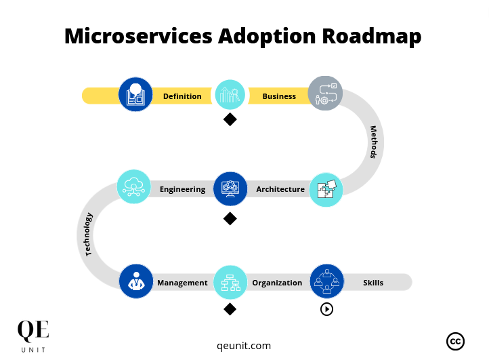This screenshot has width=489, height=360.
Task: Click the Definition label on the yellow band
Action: tap(182, 96)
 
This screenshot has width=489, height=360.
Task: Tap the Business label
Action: tap(279, 96)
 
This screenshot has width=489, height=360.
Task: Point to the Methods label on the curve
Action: tap(373, 142)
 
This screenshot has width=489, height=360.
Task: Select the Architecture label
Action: tap(280, 189)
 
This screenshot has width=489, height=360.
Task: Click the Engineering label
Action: tap(182, 189)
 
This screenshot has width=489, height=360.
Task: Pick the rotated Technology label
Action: tap(89, 235)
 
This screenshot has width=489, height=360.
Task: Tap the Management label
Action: tap(182, 283)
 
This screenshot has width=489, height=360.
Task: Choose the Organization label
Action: tap(277, 283)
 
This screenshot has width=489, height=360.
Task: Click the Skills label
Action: tap(373, 283)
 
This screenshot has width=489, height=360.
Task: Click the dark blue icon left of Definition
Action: tap(135, 95)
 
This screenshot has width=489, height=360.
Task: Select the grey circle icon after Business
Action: tap(325, 94)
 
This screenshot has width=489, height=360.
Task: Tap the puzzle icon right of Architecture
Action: tap(326, 190)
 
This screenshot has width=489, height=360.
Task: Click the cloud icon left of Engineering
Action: tap(133, 187)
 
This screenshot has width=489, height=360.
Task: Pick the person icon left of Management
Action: tap(136, 281)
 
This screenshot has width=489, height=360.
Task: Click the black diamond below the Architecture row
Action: tap(230, 218)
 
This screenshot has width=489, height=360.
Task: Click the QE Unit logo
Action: tap(33, 336)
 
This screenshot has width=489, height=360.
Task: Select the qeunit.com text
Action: tap(244, 346)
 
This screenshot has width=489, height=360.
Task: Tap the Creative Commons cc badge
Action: tap(455, 341)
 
